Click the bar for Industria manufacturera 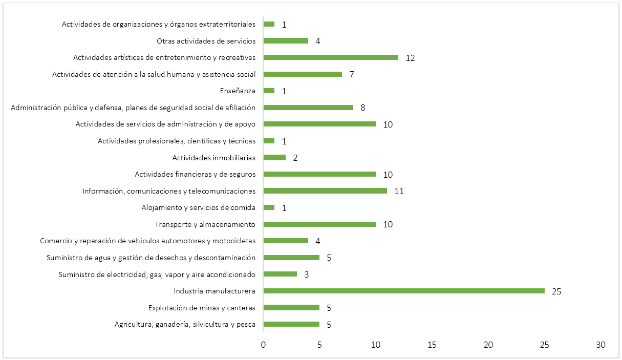pos(404,291)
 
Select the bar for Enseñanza pos(269,91)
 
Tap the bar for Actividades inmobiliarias pos(274,157)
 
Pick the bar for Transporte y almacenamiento pos(319,224)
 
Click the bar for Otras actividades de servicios pos(286,40)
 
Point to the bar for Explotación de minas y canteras pos(291,308)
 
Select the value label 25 pos(556,291)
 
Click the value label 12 pos(410,57)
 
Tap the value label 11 pos(399,191)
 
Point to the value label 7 pos(352,74)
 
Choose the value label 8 pos(362,108)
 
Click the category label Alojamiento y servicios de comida pos(198,207)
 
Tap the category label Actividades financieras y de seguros pos(195,174)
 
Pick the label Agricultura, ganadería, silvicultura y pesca pos(185,324)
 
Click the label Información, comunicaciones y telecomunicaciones pos(169,191)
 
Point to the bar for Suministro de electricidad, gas pos(280,274)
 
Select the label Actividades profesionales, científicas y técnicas pos(177,141)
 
